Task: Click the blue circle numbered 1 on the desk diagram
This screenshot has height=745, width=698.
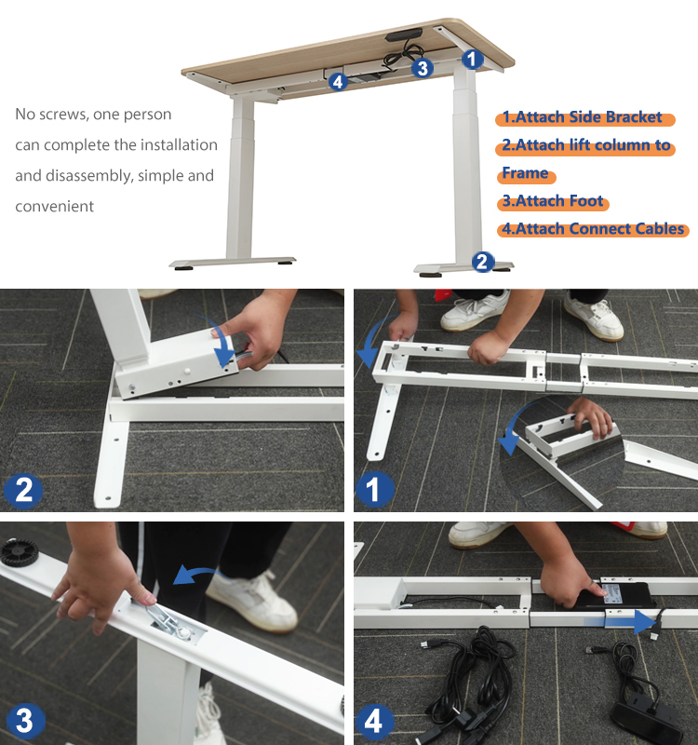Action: coord(472,60)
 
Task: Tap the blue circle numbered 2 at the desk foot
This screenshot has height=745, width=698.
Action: coord(482,262)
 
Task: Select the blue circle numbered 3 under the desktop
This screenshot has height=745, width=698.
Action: coord(423,68)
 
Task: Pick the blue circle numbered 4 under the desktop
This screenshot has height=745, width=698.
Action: coord(338,82)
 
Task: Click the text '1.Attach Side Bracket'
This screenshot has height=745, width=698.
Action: coord(582,117)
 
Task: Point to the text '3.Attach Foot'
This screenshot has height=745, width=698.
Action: coord(553,201)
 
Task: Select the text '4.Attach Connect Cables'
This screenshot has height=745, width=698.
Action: coord(593,229)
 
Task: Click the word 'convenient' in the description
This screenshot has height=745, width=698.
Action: coord(54,206)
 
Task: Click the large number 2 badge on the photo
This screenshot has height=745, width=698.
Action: coord(23,491)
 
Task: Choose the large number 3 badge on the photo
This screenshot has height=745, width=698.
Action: coord(24,721)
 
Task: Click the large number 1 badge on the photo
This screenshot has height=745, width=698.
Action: coord(374,490)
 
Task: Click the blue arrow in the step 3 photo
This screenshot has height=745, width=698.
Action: coord(197,576)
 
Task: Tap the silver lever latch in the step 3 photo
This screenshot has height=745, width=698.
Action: coord(164,620)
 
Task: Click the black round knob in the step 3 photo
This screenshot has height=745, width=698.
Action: coord(19,552)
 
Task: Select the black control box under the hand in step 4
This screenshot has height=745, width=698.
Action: coord(612,596)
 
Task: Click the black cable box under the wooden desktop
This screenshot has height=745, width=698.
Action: coord(403,35)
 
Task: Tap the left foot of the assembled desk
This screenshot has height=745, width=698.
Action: coord(232,264)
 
